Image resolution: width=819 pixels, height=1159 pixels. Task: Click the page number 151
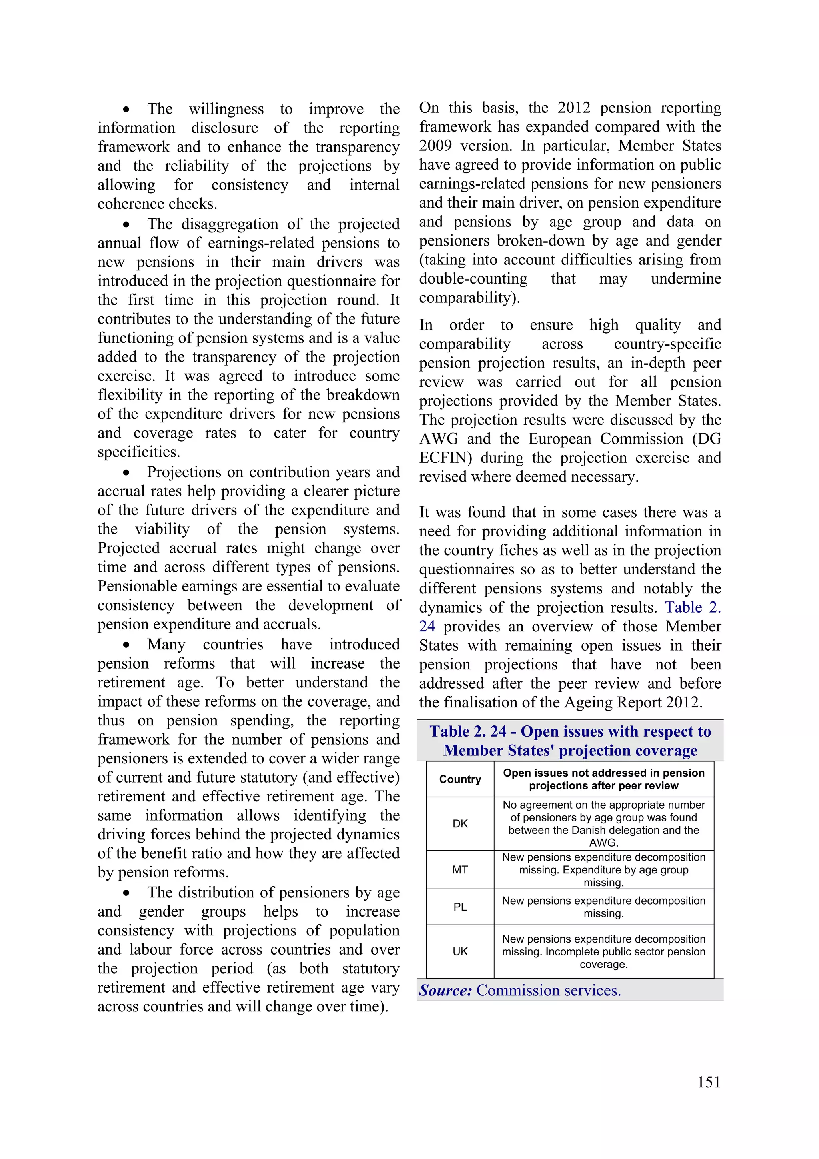click(709, 1082)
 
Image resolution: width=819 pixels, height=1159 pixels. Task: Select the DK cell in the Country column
click(460, 823)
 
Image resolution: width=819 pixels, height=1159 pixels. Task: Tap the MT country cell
click(460, 869)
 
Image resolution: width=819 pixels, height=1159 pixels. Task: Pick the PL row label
click(460, 907)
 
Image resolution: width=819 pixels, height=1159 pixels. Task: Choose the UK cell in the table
click(460, 951)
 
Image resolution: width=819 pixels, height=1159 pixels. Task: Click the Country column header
click(460, 779)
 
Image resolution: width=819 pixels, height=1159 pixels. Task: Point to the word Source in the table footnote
click(445, 991)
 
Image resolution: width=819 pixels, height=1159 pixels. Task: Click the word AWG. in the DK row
click(603, 843)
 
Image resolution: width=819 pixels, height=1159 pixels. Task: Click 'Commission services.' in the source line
click(549, 991)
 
